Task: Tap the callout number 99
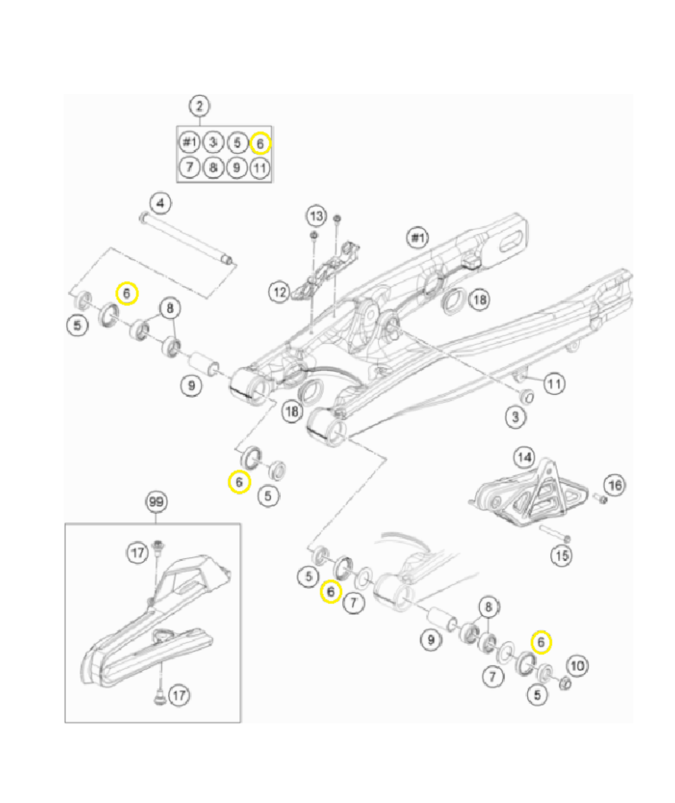click(x=157, y=502)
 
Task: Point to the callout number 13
click(x=317, y=216)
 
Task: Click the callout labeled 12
click(x=279, y=292)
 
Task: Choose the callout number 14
click(x=524, y=457)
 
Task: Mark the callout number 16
click(x=614, y=484)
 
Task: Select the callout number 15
click(x=562, y=555)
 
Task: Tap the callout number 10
click(x=576, y=665)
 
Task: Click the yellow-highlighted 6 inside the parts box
click(x=260, y=143)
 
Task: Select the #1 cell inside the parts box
click(x=190, y=143)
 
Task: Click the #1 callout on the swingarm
click(x=418, y=238)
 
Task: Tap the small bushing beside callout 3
click(x=529, y=394)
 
